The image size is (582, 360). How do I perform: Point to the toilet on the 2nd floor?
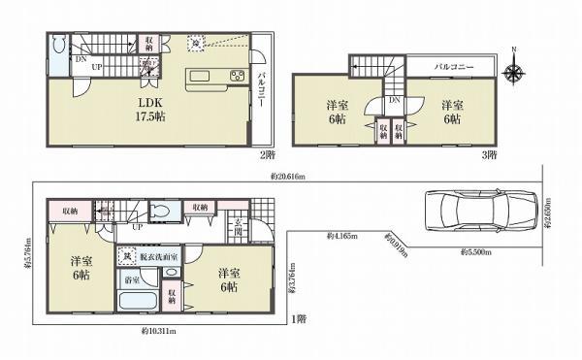[x=57, y=45]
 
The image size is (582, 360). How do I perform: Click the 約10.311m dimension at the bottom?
[x=152, y=331]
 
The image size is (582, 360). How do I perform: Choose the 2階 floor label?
[x=267, y=154]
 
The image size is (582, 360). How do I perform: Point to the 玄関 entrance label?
[x=239, y=231]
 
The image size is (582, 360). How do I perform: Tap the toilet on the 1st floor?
[x=162, y=213]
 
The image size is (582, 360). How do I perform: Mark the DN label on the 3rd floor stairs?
[x=394, y=100]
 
